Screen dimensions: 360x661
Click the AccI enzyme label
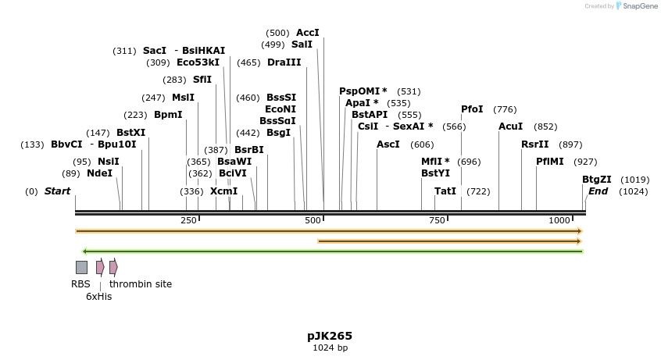(308, 33)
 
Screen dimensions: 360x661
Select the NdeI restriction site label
(99, 173)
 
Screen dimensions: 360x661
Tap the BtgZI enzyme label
(597, 179)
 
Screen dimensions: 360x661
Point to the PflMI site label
(550, 161)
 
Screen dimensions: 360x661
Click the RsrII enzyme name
(535, 144)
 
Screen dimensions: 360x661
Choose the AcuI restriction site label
(511, 126)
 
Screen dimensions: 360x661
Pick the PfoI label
(472, 109)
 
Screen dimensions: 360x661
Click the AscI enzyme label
(388, 144)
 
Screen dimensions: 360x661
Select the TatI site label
(445, 191)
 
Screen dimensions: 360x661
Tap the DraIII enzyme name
(284, 62)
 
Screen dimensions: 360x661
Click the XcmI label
(223, 191)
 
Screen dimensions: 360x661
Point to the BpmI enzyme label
(168, 114)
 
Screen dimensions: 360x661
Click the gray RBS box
(81, 267)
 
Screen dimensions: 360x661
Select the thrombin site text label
(141, 284)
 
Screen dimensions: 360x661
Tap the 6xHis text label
(98, 297)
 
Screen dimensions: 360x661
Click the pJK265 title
(330, 336)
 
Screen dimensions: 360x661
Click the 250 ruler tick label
(188, 221)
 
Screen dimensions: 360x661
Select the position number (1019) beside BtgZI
(635, 179)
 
